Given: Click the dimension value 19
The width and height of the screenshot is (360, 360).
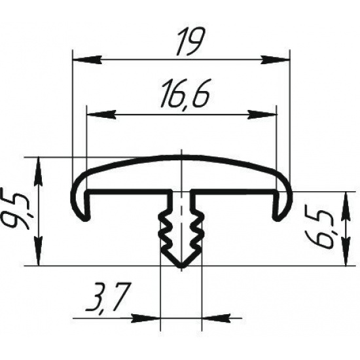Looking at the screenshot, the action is click(x=189, y=42).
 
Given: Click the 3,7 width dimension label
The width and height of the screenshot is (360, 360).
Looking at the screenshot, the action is click(x=107, y=297).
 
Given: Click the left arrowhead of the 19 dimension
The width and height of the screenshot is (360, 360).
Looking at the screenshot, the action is click(x=87, y=59).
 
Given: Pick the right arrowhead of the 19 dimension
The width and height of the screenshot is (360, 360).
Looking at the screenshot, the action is click(x=276, y=59).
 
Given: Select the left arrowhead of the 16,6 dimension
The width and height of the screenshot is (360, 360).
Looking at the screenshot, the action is click(x=101, y=114).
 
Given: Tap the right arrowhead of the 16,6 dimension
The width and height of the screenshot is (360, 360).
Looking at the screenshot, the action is click(x=262, y=114).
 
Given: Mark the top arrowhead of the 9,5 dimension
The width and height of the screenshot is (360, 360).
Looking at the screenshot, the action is click(x=39, y=171).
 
